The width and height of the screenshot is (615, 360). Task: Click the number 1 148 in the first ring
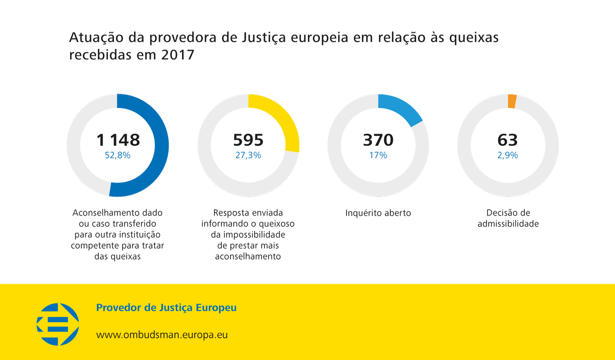click(118, 140)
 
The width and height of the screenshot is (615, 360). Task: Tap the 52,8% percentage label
click(118, 155)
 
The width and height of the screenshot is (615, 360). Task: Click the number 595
click(248, 140)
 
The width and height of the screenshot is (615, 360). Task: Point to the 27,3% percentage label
click(248, 155)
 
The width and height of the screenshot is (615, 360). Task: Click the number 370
click(378, 140)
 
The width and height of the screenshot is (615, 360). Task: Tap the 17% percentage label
click(378, 155)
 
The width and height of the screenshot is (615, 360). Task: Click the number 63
click(508, 140)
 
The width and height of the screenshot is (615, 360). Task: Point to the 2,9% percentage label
click(508, 155)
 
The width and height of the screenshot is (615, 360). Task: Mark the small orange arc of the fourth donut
click(512, 101)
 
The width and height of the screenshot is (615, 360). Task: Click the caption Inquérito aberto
click(378, 213)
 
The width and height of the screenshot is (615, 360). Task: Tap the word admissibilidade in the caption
click(508, 224)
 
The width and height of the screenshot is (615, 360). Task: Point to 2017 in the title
click(178, 55)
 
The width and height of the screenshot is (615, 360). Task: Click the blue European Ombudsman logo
click(58, 324)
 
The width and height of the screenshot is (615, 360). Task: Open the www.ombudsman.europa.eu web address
click(162, 335)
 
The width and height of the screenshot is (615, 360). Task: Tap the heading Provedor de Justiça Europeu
click(166, 308)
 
